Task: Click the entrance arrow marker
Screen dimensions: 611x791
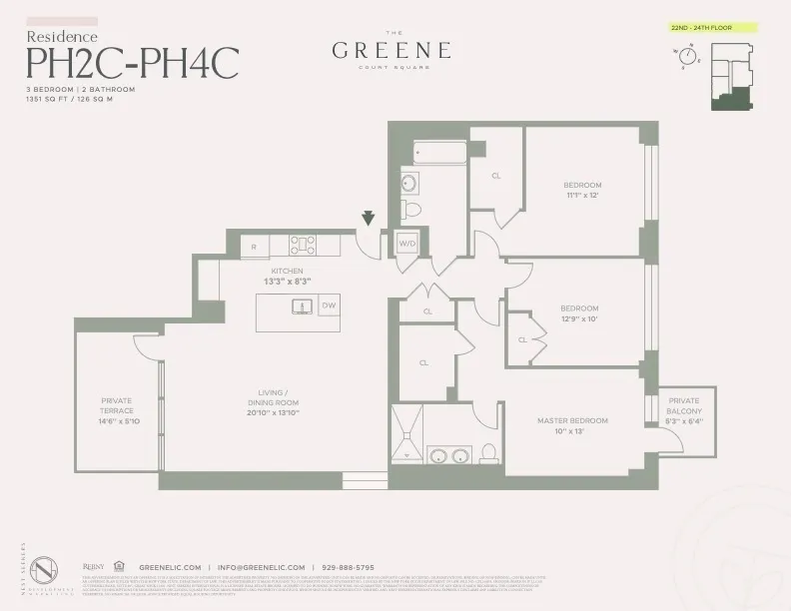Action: tap(369, 219)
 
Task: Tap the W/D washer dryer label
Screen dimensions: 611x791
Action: tap(407, 243)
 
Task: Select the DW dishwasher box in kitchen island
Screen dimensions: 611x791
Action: tap(329, 305)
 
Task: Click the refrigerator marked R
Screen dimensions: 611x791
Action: tap(255, 245)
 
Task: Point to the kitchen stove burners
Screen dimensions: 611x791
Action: tap(303, 245)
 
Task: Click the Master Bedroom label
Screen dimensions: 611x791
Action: tap(572, 420)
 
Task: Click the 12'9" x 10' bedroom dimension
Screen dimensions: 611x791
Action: tap(579, 318)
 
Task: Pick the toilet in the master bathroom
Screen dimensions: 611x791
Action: tap(488, 453)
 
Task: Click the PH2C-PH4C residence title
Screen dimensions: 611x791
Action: tap(132, 63)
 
